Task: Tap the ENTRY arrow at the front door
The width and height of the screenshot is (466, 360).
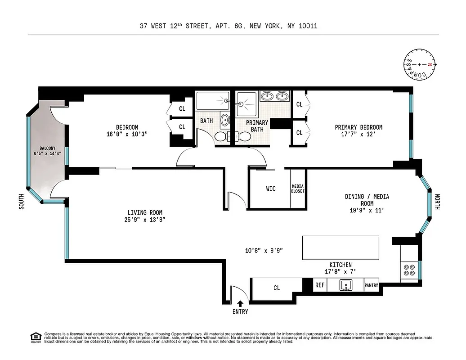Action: pyautogui.click(x=240, y=304)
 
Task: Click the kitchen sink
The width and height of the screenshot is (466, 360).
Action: pyautogui.click(x=345, y=285)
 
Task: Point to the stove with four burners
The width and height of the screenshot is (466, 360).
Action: pyautogui.click(x=409, y=270)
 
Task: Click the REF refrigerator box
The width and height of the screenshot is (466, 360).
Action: pyautogui.click(x=320, y=285)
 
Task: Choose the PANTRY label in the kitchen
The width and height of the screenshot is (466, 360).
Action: pyautogui.click(x=371, y=285)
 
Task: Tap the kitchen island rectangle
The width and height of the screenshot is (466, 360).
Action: pyautogui.click(x=340, y=247)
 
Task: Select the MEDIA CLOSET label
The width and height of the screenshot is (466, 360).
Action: pyautogui.click(x=298, y=189)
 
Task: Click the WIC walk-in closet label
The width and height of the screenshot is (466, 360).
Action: pyautogui.click(x=271, y=189)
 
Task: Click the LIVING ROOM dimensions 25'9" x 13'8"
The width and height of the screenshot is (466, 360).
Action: pyautogui.click(x=144, y=220)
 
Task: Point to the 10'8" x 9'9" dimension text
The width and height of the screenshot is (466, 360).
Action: pyautogui.click(x=263, y=250)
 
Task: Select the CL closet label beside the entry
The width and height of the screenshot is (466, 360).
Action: pyautogui.click(x=276, y=288)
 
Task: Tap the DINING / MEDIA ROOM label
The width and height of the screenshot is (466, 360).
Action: pyautogui.click(x=367, y=200)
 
